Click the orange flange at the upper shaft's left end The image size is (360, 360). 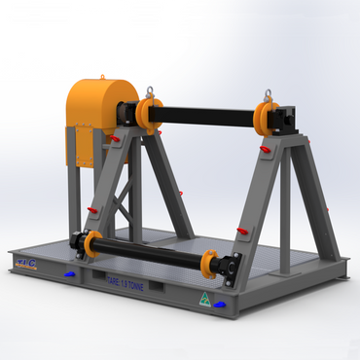click(x=150, y=115)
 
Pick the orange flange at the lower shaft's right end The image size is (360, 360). click(x=208, y=263)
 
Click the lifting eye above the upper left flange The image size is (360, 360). click(x=148, y=93)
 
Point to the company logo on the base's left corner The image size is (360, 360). click(x=27, y=261)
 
